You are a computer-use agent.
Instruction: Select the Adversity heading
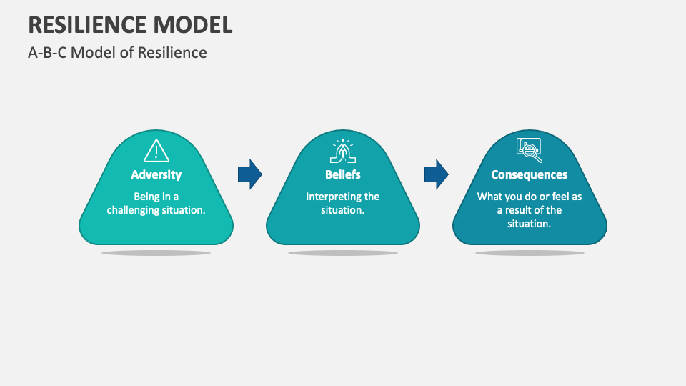(156, 174)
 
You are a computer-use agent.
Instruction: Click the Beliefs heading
(343, 174)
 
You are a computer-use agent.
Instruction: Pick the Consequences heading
(530, 174)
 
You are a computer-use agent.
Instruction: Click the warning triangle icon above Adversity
(156, 151)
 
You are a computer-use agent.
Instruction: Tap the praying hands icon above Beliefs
(343, 151)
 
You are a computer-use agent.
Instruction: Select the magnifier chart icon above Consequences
(529, 150)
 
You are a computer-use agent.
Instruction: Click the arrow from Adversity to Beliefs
(250, 174)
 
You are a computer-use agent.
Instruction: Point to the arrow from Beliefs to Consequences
(437, 174)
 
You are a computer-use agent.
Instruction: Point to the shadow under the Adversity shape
(156, 253)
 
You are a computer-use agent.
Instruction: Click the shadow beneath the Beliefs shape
(343, 253)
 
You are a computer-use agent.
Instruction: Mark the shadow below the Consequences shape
(530, 253)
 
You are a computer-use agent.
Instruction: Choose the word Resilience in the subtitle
(174, 53)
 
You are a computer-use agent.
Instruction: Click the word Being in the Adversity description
(146, 197)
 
